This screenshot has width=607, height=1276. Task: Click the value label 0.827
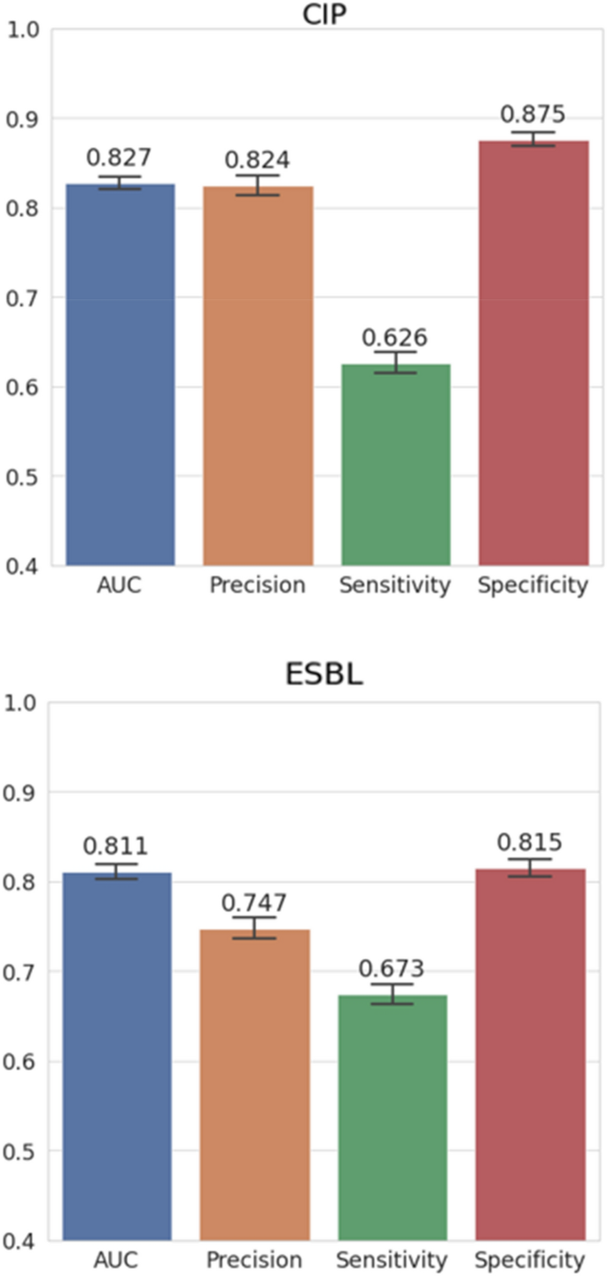pos(119,158)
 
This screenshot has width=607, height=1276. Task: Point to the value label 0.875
pos(533,114)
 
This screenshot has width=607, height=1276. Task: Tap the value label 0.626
pos(394,337)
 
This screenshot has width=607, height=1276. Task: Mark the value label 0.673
pos(392,969)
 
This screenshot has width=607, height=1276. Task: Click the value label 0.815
pos(530,842)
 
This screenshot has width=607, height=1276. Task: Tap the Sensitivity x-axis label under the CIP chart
pos(395,585)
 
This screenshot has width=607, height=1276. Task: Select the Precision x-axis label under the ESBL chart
pos(255,1259)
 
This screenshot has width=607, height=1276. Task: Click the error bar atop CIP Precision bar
pos(258,185)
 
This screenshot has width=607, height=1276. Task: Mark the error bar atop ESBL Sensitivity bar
pos(392,994)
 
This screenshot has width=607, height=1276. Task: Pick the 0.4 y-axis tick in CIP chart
pos(24,566)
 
